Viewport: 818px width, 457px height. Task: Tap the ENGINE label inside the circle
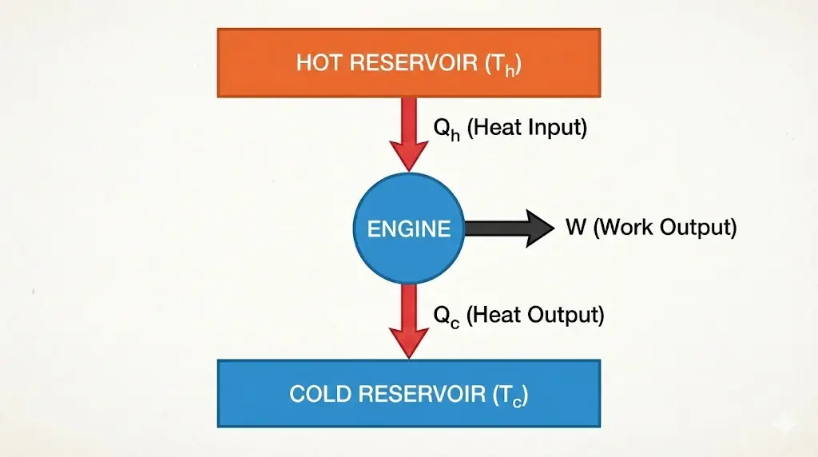coord(409,228)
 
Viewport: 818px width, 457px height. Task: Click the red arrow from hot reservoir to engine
coord(409,132)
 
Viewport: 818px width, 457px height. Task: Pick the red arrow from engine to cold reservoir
coord(409,320)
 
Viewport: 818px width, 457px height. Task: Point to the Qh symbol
coord(446,129)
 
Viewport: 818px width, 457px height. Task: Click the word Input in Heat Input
coord(555,127)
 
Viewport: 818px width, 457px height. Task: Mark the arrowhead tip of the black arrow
coord(552,228)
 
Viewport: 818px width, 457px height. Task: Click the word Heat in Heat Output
coord(493,314)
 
